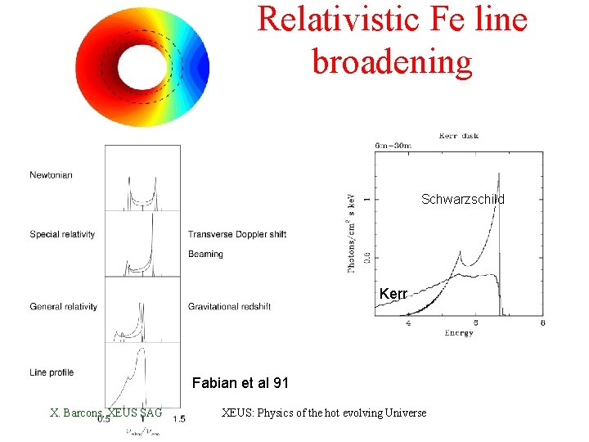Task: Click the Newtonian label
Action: coord(52,175)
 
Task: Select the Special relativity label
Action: coord(62,235)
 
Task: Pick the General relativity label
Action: coord(63,307)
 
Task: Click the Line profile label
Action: coord(52,372)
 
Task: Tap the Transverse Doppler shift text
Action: coord(236,235)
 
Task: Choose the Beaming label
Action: coord(205,255)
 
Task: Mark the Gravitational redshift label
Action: coord(229,307)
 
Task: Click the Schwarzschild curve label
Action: coord(463,200)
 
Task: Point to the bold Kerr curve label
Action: coord(393,293)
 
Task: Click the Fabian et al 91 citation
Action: coord(240,382)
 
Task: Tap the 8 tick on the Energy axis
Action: coord(543,323)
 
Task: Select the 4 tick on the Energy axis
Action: coord(408,323)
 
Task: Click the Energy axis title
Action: coord(459,333)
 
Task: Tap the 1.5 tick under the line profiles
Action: coord(178,419)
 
